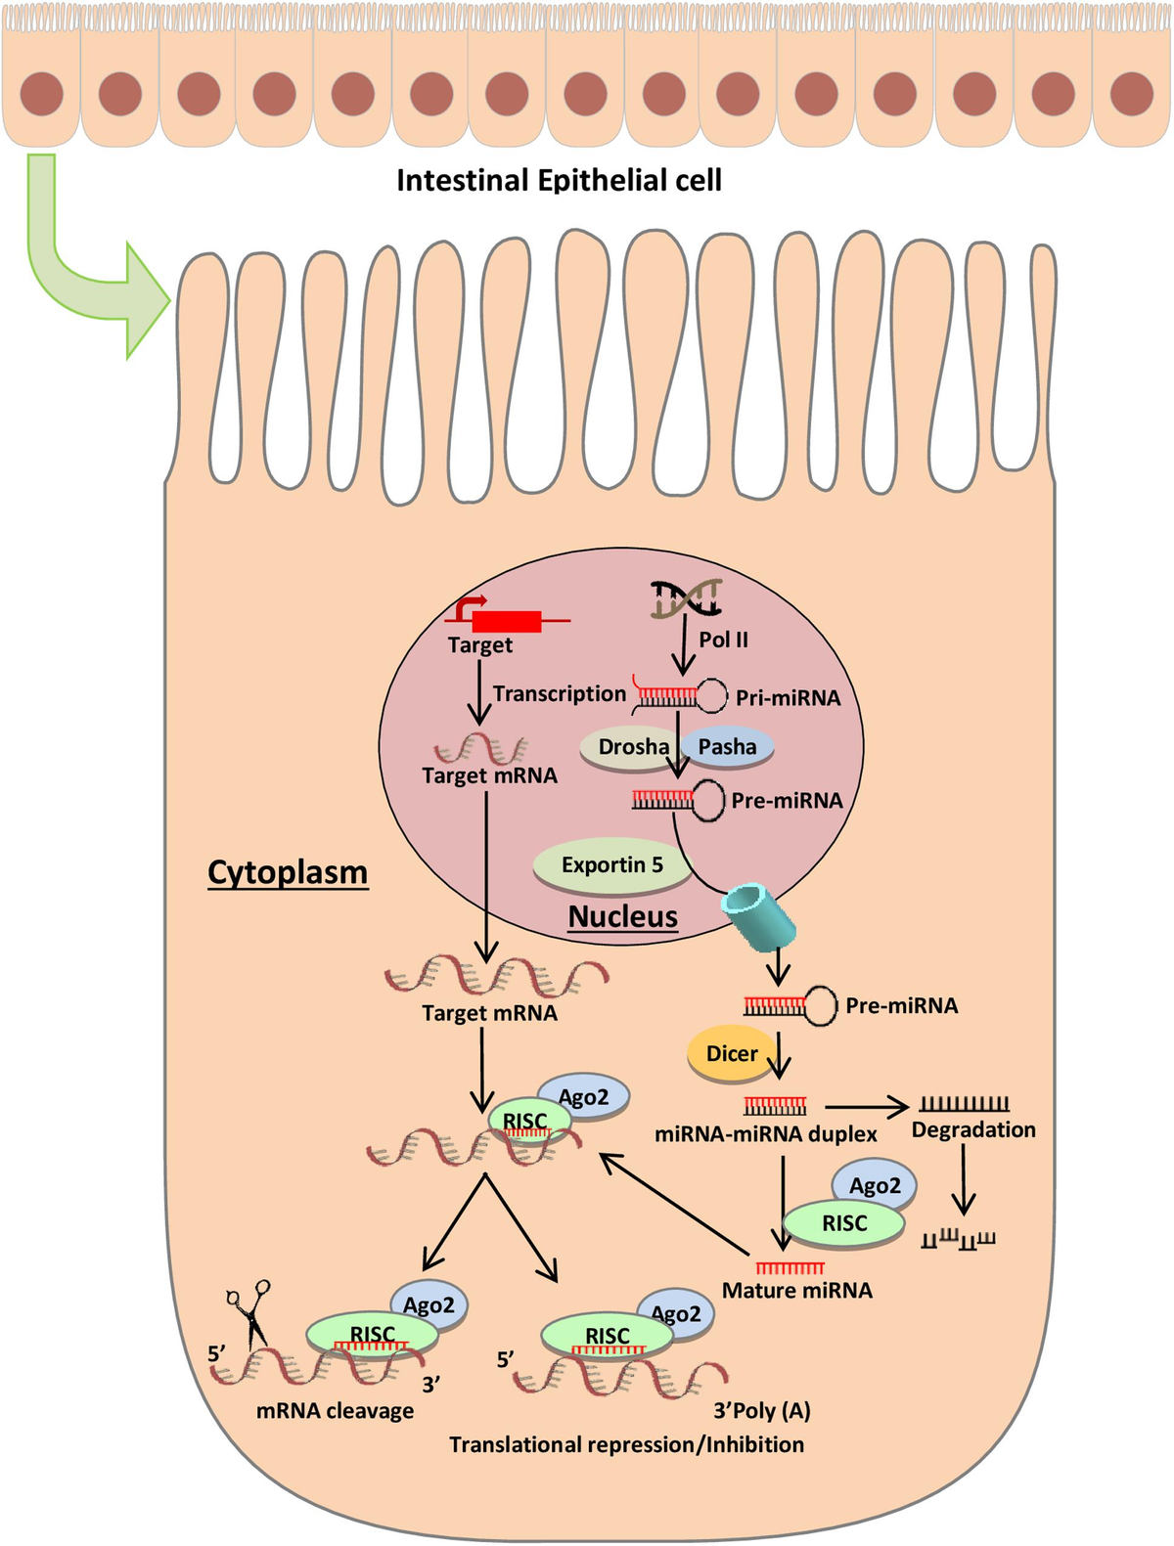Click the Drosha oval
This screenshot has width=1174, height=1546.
(x=631, y=747)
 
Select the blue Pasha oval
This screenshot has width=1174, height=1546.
(x=728, y=747)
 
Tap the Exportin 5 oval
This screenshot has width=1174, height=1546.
(x=612, y=865)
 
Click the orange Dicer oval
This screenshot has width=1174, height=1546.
(x=732, y=1054)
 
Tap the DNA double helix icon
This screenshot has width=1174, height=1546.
(x=687, y=599)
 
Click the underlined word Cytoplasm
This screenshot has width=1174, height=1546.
(x=288, y=872)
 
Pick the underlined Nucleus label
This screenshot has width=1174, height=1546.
(x=623, y=917)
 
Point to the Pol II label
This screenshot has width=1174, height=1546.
(x=723, y=640)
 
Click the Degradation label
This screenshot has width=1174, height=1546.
(x=972, y=1130)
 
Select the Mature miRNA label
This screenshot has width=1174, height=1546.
(x=796, y=1291)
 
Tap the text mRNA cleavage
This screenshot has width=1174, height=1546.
(x=335, y=1411)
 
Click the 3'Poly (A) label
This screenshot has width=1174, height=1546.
(x=762, y=1411)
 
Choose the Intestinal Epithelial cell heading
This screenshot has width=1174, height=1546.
(x=559, y=181)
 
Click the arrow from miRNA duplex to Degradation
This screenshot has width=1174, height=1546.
(x=866, y=1107)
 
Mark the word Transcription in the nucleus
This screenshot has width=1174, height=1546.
(x=559, y=694)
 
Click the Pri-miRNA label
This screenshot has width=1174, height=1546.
(x=788, y=698)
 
